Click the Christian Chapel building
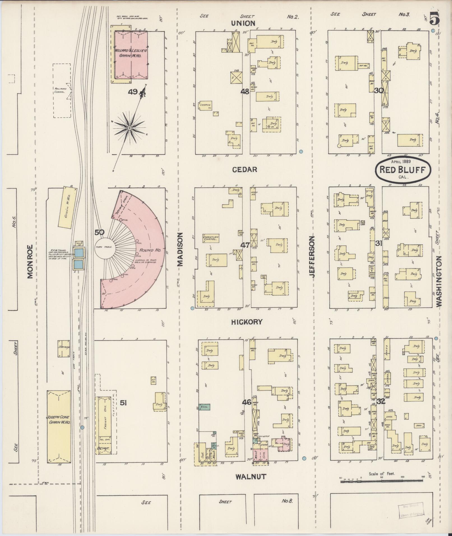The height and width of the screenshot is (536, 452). click(x=211, y=238)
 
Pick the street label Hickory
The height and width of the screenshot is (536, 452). click(x=247, y=322)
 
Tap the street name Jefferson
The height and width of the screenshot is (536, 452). click(x=313, y=257)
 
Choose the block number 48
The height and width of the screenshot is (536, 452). click(x=245, y=91)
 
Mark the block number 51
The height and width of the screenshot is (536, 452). click(x=124, y=403)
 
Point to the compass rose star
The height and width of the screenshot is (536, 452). click(x=129, y=128)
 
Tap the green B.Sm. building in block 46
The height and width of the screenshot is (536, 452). click(x=204, y=407)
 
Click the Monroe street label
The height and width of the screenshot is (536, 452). click(x=30, y=262)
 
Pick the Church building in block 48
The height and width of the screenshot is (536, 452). click(x=205, y=105)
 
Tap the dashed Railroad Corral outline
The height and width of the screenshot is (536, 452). click(x=62, y=90)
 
